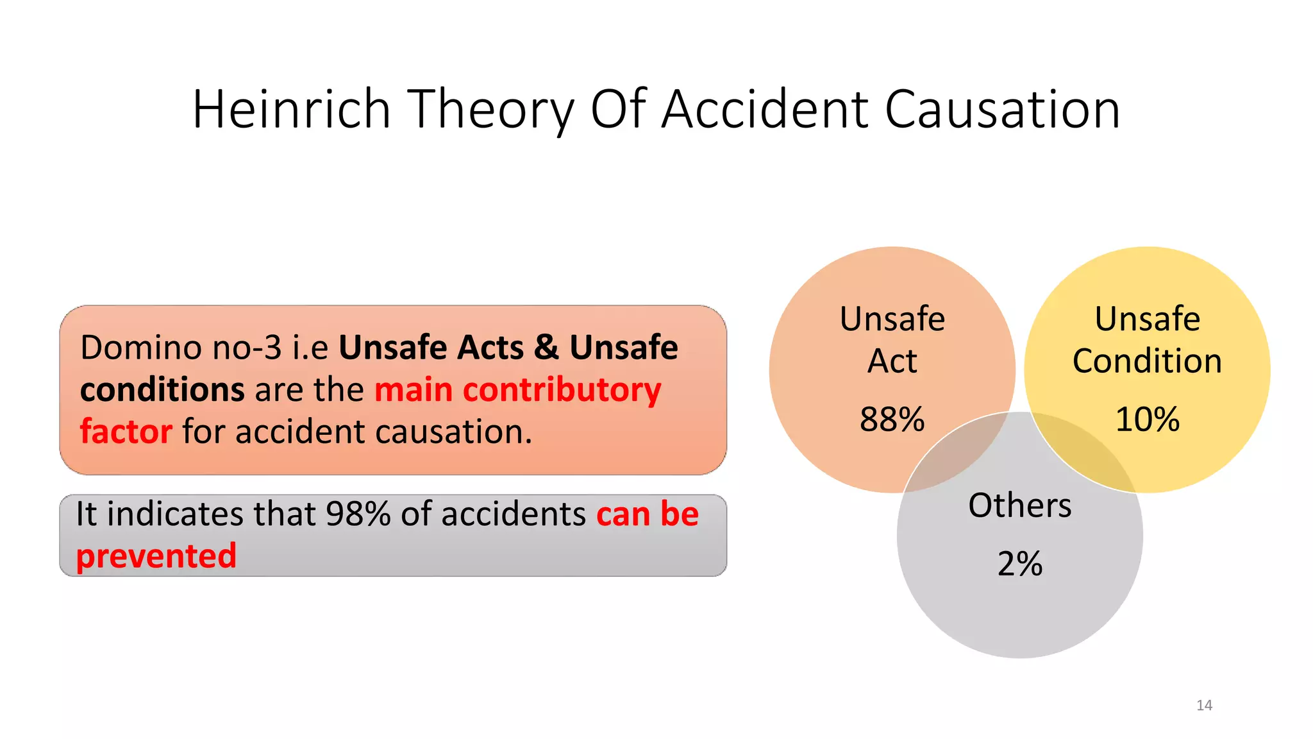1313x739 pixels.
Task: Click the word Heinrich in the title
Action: pyautogui.click(x=292, y=109)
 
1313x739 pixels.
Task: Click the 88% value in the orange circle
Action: pyautogui.click(x=892, y=420)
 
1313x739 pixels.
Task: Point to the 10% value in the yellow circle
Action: pyautogui.click(x=1147, y=420)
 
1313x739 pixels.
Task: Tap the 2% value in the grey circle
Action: pyautogui.click(x=1019, y=564)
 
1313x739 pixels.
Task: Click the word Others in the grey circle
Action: pyautogui.click(x=1019, y=505)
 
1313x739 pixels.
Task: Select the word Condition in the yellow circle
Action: pyautogui.click(x=1147, y=361)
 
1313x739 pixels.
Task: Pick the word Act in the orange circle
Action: pyautogui.click(x=892, y=361)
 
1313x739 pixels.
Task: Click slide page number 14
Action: pyautogui.click(x=1204, y=705)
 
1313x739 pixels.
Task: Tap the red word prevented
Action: pyautogui.click(x=156, y=556)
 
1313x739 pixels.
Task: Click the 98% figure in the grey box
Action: pyautogui.click(x=358, y=514)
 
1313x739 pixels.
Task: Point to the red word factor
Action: pyautogui.click(x=126, y=431)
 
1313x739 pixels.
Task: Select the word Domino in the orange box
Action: pyautogui.click(x=141, y=348)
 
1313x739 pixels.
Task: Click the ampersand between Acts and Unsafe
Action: pyautogui.click(x=546, y=348)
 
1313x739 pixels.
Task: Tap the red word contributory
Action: pyautogui.click(x=562, y=390)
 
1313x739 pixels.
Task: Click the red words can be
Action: pyautogui.click(x=647, y=514)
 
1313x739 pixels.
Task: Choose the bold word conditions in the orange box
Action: pyautogui.click(x=162, y=390)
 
